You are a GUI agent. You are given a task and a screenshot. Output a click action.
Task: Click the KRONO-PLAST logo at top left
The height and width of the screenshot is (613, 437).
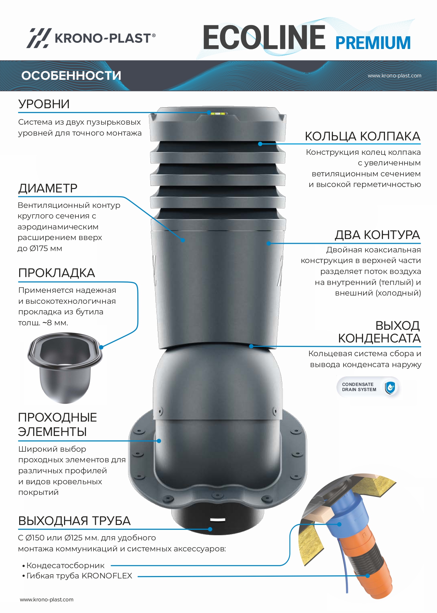tap(91, 38)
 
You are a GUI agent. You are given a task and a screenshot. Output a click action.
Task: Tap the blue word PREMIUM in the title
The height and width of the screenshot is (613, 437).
tap(373, 43)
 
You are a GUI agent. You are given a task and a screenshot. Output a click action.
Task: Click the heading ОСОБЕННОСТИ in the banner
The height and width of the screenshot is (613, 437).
tap(71, 76)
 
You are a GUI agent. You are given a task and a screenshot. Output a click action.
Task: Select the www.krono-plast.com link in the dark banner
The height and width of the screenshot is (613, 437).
tap(395, 76)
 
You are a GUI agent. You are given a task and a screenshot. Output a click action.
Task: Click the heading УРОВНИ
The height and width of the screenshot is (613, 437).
tap(44, 104)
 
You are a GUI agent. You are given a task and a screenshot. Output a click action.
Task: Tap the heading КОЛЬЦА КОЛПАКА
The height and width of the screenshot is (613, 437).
tap(363, 136)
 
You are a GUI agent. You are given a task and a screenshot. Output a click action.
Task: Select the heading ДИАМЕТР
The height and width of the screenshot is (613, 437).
tap(48, 188)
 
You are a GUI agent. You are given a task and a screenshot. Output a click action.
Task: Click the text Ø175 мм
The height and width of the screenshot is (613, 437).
tap(46, 248)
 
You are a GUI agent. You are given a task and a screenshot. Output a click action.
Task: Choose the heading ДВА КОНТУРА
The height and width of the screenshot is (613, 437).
tap(377, 235)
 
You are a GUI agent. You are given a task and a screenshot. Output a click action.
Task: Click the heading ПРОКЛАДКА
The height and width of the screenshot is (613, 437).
tap(57, 273)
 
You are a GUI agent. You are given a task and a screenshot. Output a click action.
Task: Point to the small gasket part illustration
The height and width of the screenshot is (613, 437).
tap(65, 368)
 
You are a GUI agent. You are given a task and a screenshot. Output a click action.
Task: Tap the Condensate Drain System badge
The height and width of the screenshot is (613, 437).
tap(369, 387)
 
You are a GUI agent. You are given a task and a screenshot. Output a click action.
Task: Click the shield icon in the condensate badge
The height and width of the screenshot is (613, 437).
tap(390, 388)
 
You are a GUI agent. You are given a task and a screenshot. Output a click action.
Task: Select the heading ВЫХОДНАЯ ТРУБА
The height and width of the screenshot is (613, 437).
tap(74, 521)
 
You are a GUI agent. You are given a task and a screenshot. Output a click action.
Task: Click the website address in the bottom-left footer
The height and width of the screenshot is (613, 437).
tap(47, 599)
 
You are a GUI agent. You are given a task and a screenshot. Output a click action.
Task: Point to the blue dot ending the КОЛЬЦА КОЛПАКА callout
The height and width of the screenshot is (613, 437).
tap(260, 144)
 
